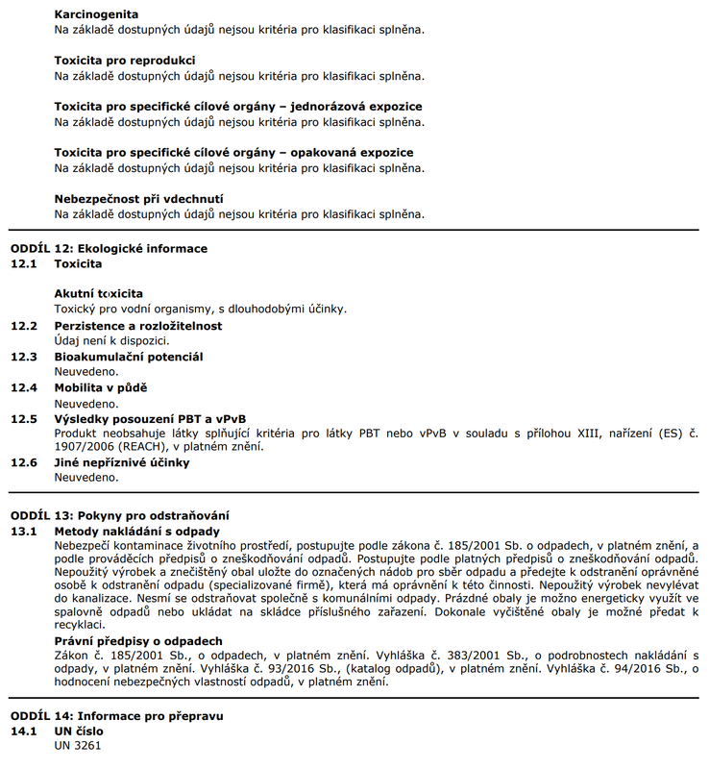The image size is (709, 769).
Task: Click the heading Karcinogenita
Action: coord(96,14)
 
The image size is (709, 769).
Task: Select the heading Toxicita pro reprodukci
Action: coord(125,60)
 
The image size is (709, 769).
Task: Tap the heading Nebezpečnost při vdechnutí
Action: coord(139,199)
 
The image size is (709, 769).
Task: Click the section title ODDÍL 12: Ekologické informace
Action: coord(109,248)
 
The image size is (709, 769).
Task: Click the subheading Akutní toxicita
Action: coord(99,293)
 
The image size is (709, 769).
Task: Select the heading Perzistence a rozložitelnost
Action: coord(137,326)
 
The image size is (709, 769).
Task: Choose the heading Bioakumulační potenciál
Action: coord(128,357)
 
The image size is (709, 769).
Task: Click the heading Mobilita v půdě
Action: coord(101,387)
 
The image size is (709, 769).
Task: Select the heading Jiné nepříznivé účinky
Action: coord(122,462)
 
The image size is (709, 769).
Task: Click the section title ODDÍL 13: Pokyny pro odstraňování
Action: coord(120,515)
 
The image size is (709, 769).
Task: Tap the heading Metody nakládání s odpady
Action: coord(137,531)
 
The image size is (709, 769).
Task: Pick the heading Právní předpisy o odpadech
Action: coord(138,641)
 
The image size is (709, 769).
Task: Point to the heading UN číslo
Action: coord(78,731)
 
